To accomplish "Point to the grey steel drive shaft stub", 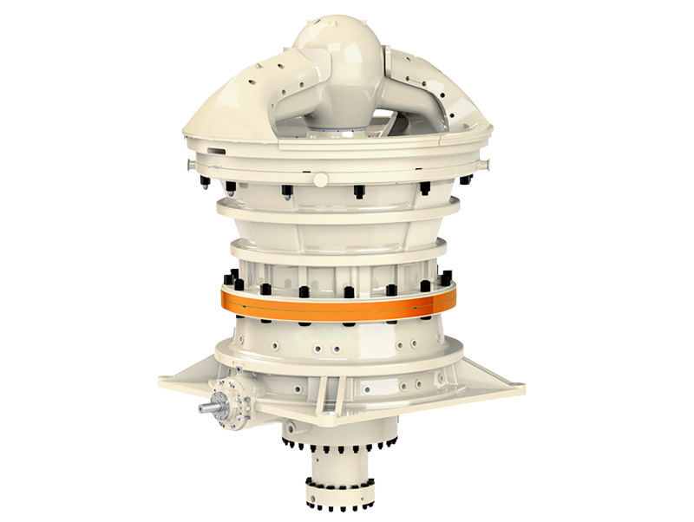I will pos(209,406).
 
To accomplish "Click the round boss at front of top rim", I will pos(320,179).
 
